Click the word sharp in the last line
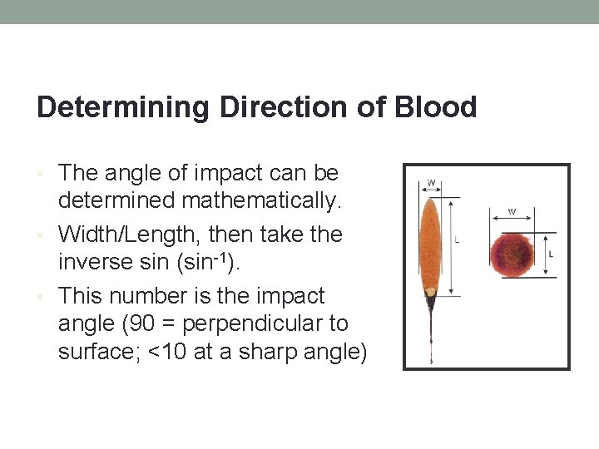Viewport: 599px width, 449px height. point(258,353)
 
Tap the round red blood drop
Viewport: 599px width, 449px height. point(511,253)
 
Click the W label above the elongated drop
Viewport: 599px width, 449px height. point(431,182)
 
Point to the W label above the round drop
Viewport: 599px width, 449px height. point(512,212)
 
